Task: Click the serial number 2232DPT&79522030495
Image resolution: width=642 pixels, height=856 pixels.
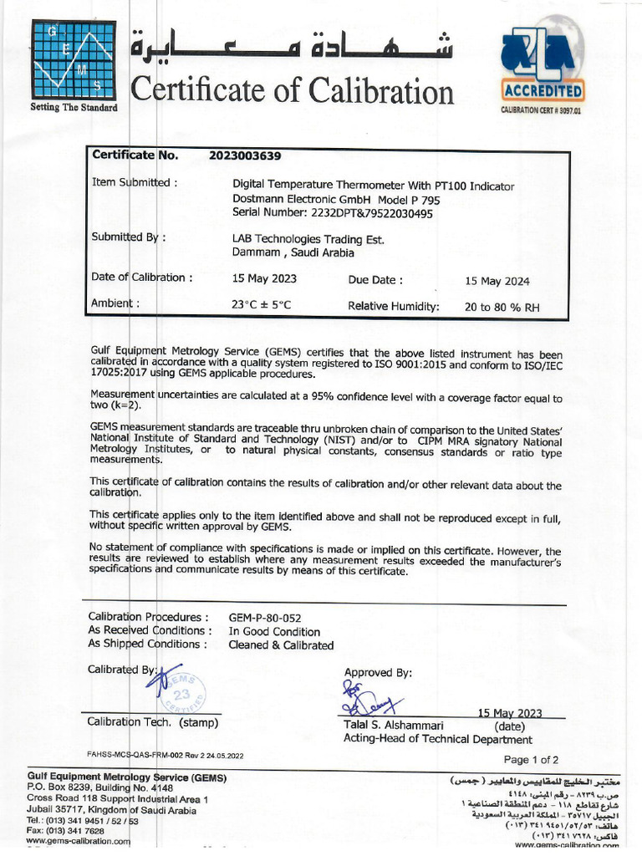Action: (332, 213)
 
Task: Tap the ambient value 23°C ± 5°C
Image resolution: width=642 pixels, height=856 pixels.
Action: (262, 306)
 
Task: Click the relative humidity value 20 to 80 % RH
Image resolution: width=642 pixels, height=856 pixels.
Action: (502, 307)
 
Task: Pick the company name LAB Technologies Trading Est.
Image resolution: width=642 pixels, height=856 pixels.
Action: (308, 239)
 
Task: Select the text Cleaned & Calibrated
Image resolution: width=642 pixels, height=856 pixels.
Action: (281, 645)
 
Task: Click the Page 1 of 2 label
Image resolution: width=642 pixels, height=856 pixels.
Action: (531, 760)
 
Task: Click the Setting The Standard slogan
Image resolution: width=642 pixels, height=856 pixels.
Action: (74, 108)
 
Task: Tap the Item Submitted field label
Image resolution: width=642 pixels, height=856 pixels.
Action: (134, 182)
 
